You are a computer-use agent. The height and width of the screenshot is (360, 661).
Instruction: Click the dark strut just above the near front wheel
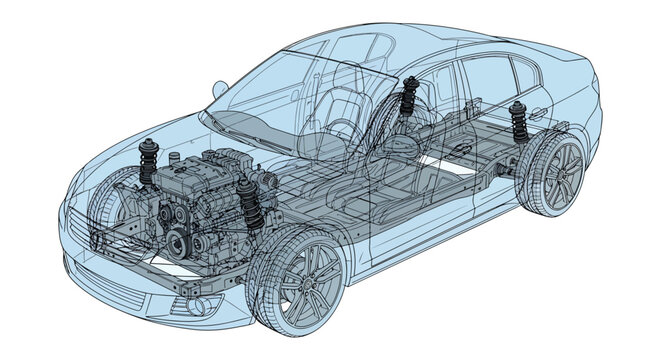(251, 205)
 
